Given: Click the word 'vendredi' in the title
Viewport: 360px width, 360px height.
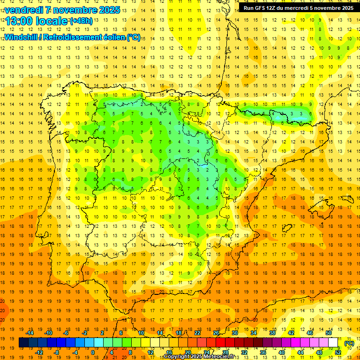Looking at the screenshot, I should [23, 10].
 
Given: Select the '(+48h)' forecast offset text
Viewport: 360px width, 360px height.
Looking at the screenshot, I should [81, 21].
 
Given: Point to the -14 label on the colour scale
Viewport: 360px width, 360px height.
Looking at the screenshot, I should [30, 333].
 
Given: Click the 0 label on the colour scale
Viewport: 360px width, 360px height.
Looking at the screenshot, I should [93, 352].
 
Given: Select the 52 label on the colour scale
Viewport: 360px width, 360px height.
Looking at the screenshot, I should [338, 352].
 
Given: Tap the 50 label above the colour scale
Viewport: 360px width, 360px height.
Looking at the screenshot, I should [329, 333].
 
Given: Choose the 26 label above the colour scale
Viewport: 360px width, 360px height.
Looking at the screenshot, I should [216, 333].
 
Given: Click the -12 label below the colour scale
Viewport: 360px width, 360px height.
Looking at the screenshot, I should [39, 352].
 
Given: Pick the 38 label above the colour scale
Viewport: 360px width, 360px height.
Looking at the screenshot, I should [272, 333].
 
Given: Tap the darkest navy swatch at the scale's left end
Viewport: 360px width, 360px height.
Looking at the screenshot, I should [23, 343].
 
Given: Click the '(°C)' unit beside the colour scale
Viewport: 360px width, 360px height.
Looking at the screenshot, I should [349, 343].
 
